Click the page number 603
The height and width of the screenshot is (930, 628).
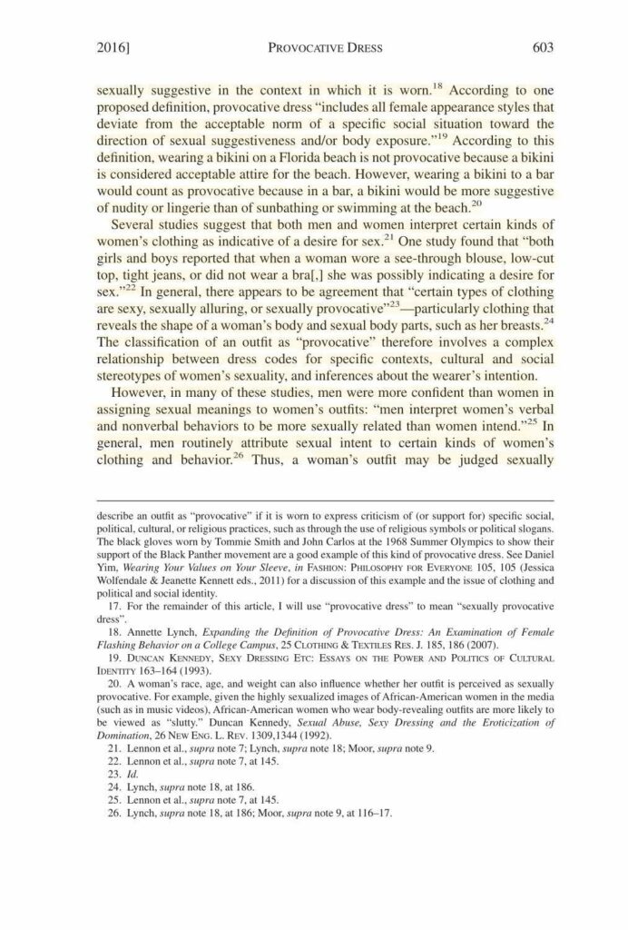pyautogui.click(x=542, y=46)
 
